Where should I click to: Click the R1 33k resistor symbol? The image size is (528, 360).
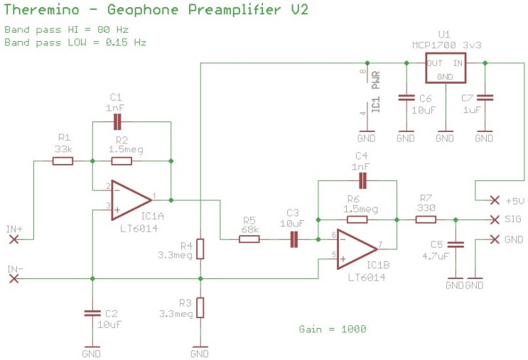(63, 161)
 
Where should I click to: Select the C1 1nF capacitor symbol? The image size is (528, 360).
(117, 122)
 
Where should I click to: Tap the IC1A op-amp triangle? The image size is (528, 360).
(131, 200)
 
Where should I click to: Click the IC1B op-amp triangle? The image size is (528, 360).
(357, 249)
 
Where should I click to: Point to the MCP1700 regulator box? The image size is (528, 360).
(446, 68)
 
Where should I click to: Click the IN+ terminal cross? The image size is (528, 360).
(14, 239)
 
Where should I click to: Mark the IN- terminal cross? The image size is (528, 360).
(14, 279)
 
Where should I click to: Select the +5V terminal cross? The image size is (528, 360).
(495, 200)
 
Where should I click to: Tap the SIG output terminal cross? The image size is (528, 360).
(495, 220)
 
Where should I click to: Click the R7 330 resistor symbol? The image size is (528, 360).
(426, 220)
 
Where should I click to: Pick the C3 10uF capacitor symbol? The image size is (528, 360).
(294, 239)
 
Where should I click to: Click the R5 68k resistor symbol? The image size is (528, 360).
(249, 239)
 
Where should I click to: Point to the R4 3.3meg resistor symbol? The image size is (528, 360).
(200, 249)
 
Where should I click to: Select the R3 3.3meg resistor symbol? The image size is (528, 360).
(200, 307)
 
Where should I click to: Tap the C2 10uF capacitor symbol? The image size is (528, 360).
(92, 313)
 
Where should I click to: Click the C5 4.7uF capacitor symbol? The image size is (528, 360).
(456, 244)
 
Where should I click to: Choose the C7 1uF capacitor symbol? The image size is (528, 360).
(485, 97)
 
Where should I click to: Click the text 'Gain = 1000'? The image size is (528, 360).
(333, 329)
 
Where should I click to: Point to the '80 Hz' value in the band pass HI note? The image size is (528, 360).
(113, 30)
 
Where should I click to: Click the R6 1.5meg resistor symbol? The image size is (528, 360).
(357, 220)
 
